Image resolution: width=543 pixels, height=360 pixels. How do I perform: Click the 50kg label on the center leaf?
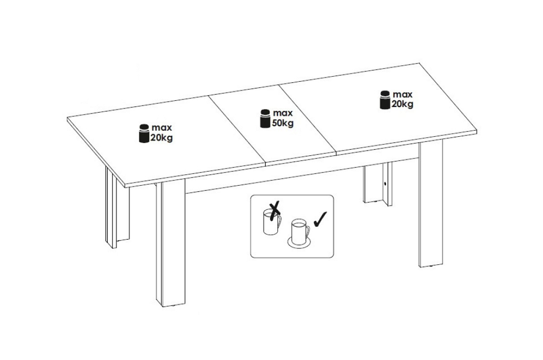point(283,123)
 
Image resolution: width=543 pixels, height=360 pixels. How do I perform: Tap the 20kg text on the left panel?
point(162,138)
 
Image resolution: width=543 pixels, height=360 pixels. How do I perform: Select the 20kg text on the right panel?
point(402,104)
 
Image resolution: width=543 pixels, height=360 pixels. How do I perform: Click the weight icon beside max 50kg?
point(265,119)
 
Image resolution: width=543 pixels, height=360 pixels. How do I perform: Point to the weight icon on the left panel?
point(144,133)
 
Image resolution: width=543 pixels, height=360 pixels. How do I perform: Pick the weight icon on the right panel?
point(385,100)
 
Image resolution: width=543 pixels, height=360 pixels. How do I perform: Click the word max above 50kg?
point(283,113)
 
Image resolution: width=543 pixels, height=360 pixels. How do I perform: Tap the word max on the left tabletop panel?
point(162,128)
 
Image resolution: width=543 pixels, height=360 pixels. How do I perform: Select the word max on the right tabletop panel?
point(403,94)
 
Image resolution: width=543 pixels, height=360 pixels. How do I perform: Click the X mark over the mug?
point(274,210)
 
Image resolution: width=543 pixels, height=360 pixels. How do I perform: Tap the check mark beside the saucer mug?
point(320,219)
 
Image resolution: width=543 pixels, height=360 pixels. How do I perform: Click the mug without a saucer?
point(272,222)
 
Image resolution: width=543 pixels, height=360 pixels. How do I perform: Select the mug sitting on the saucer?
point(301,231)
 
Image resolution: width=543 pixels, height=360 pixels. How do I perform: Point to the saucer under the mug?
point(299,242)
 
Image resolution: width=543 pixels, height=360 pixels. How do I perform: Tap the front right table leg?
point(430,203)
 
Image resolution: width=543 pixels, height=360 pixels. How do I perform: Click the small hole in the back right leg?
point(385,184)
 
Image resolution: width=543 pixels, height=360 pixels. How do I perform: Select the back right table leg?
point(378,184)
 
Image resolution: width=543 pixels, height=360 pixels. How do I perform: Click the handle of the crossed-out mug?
point(279,221)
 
